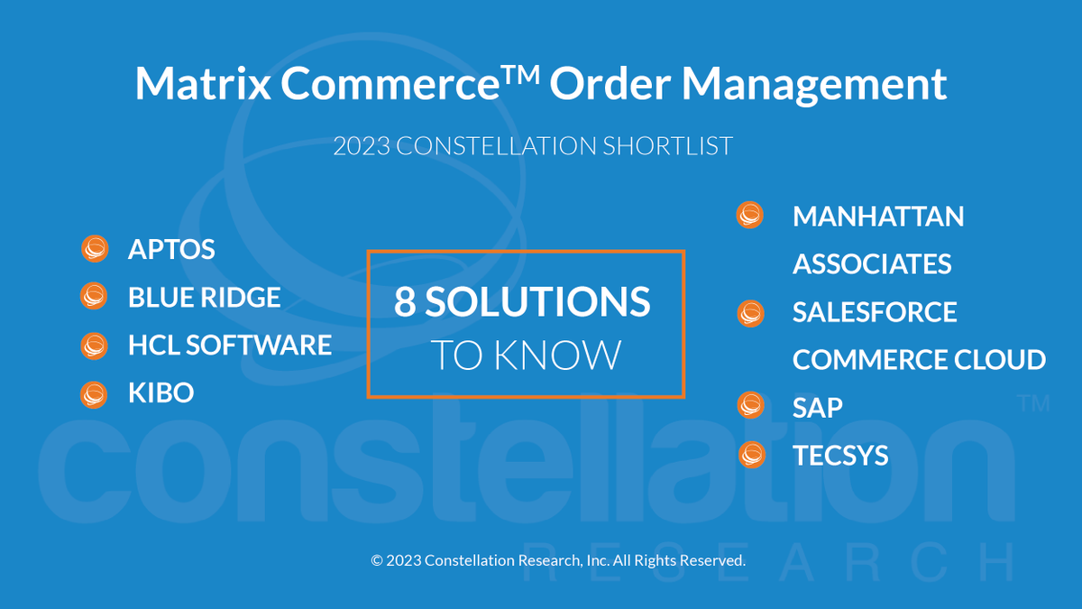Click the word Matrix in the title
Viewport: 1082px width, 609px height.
click(202, 84)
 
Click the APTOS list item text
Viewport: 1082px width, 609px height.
click(171, 249)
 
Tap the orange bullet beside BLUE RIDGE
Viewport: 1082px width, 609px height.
click(94, 296)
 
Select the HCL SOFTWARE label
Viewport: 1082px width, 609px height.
click(230, 345)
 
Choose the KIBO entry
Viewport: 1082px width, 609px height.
click(160, 393)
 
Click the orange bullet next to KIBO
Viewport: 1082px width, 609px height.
click(94, 393)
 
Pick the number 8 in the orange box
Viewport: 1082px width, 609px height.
click(405, 302)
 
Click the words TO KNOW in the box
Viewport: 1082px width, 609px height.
click(526, 355)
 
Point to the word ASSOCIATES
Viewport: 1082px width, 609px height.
click(872, 264)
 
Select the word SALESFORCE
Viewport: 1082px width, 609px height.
click(875, 312)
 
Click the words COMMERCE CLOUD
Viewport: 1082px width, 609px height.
click(919, 360)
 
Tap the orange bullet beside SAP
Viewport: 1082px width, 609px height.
click(750, 406)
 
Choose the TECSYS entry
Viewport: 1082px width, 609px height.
click(840, 456)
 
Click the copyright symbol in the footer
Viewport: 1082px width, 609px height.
click(377, 560)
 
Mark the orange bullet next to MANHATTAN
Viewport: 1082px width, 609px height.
click(750, 216)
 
